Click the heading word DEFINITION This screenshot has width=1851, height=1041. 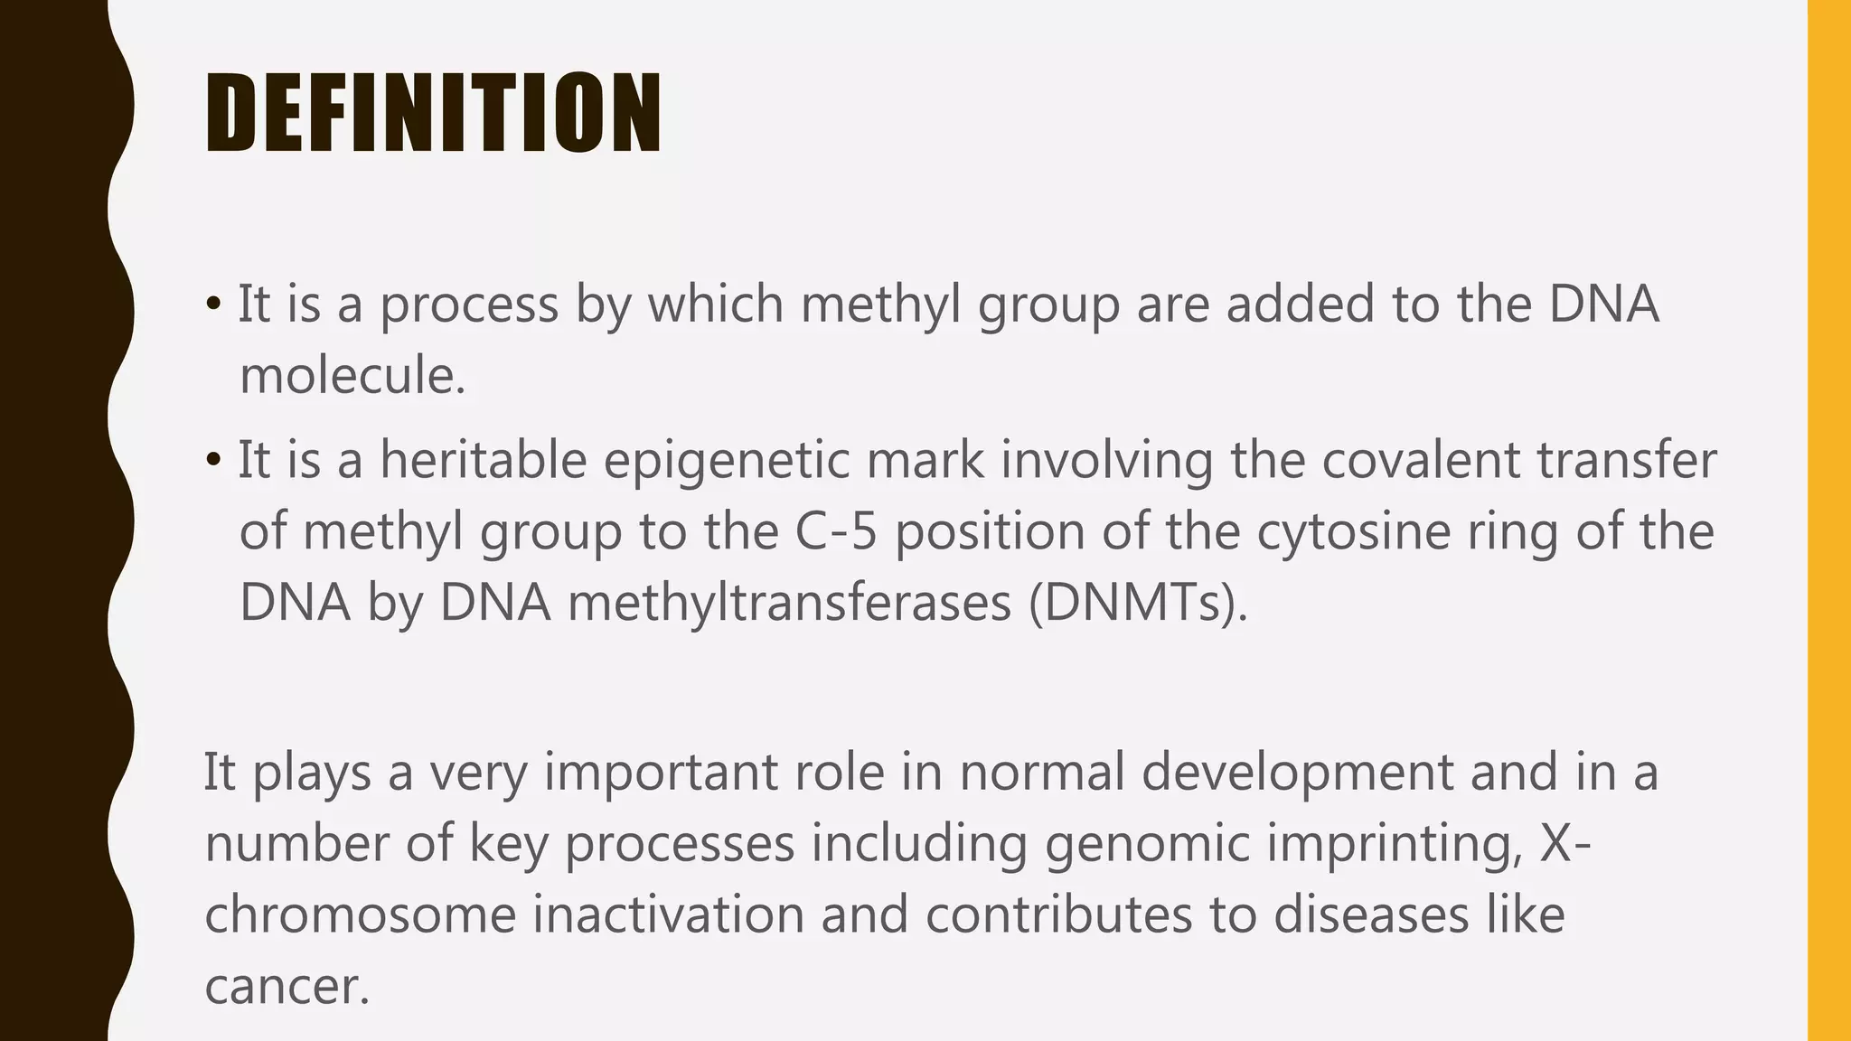click(433, 113)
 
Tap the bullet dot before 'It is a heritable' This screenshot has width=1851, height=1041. click(213, 459)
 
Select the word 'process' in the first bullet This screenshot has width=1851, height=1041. click(468, 305)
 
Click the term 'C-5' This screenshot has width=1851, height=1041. click(836, 531)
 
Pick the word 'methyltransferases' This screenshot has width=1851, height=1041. click(789, 603)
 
